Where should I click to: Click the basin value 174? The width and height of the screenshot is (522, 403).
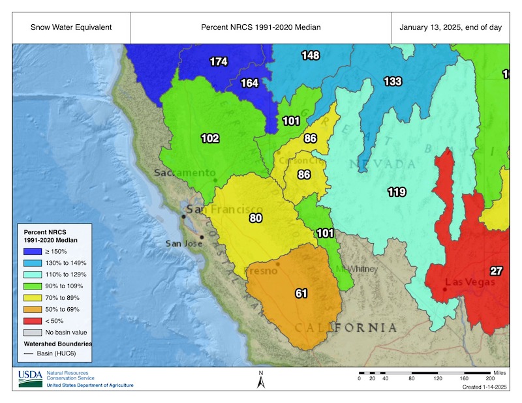[219, 62]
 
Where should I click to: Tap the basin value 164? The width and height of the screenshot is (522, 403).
[250, 83]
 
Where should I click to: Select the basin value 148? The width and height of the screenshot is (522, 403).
[310, 55]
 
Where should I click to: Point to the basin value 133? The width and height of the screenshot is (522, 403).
[392, 82]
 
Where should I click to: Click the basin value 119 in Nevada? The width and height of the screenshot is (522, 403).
[397, 192]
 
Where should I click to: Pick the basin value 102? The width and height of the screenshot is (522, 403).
[210, 138]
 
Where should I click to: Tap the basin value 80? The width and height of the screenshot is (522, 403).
[255, 218]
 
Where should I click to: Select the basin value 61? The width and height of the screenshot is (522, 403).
[301, 293]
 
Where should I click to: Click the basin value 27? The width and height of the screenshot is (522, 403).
[497, 271]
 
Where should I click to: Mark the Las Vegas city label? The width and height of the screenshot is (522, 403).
[466, 282]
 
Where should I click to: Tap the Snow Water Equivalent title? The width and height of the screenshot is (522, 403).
[70, 28]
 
